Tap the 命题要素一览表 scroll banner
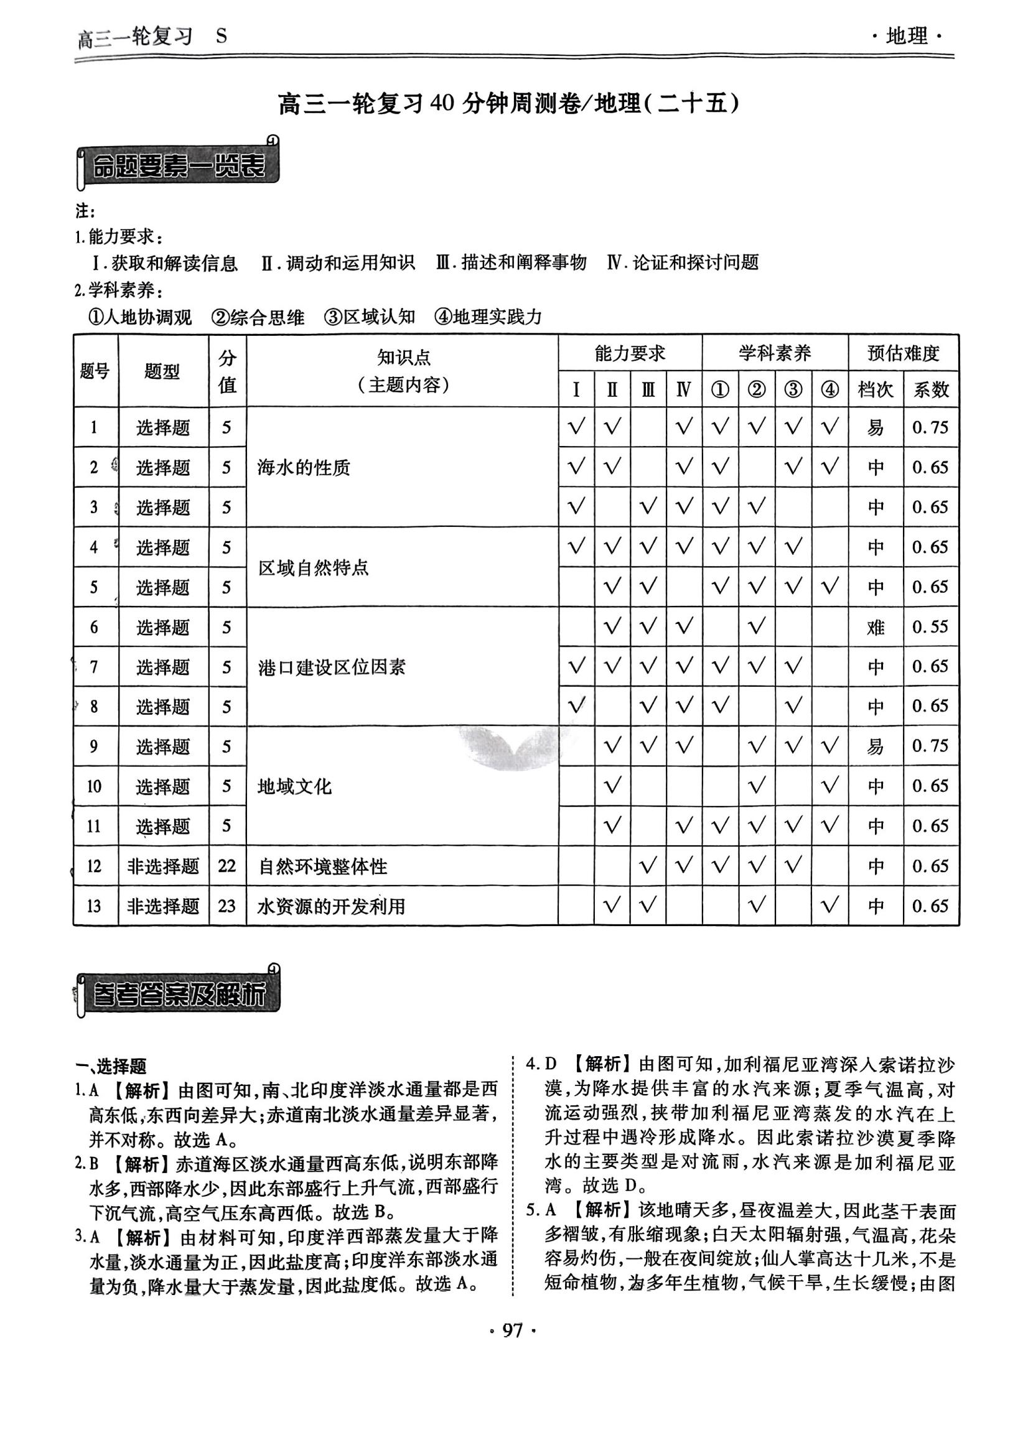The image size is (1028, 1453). click(178, 167)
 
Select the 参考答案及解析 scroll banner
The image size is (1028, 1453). click(178, 994)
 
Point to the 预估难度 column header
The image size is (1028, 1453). click(903, 353)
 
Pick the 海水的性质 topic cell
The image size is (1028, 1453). click(304, 468)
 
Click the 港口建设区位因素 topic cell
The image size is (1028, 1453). click(332, 667)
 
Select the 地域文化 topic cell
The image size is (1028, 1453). click(295, 787)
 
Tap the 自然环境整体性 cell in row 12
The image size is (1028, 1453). click(323, 866)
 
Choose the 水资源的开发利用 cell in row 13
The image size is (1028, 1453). click(332, 906)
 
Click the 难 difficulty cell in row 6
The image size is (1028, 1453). click(876, 627)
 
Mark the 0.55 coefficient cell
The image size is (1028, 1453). click(930, 627)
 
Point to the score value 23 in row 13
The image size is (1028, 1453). click(227, 906)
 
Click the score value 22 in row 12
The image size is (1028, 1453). click(227, 866)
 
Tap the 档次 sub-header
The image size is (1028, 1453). click(876, 389)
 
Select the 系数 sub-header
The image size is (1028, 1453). click(930, 389)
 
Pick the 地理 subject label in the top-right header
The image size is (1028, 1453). click(907, 37)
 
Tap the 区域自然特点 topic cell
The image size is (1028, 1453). click(314, 568)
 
